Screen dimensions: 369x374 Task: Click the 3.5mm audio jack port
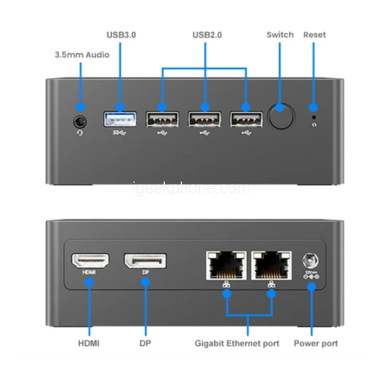pos(81,121)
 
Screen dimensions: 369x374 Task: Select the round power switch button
pos(280,117)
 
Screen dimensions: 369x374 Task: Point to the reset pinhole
pos(314,117)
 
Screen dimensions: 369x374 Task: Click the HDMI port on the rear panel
pos(90,261)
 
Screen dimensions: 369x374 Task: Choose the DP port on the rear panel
pos(145,261)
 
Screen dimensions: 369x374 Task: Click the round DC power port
pos(311,261)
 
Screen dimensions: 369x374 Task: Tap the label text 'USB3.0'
pos(121,35)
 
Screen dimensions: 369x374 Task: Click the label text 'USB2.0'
pos(207,35)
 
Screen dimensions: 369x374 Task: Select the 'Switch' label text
pos(280,35)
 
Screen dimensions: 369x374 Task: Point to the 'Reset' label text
pos(314,35)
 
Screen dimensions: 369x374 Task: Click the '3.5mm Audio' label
pos(82,55)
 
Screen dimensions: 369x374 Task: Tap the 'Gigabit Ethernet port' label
pos(237,343)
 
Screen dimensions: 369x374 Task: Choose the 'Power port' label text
pos(316,343)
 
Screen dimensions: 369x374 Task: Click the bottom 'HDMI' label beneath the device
pos(89,343)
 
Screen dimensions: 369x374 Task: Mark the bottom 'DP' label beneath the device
pos(145,343)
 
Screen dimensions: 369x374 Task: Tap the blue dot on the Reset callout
pos(314,108)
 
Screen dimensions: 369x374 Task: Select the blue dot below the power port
pos(311,286)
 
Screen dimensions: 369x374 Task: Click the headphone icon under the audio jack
pos(80,132)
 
